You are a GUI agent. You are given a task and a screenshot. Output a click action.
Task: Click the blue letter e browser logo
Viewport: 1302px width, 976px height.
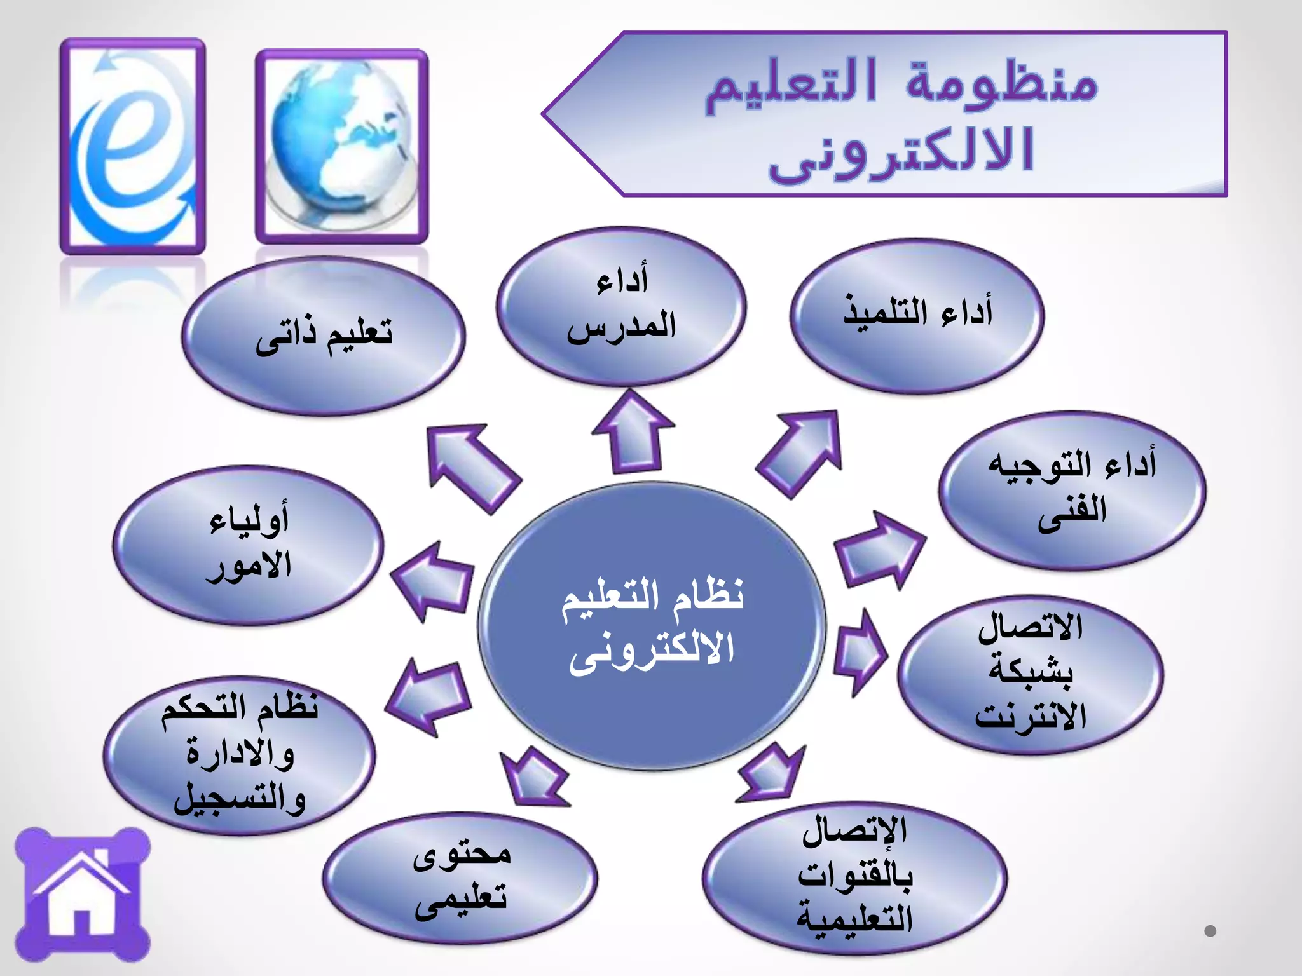pyautogui.click(x=132, y=146)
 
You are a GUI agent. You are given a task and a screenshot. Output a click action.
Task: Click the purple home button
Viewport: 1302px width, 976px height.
pyautogui.click(x=83, y=895)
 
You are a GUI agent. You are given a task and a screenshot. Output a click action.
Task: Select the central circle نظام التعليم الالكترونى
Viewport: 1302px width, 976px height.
pyautogui.click(x=652, y=626)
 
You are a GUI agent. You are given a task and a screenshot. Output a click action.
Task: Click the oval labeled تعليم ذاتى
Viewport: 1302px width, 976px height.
pyautogui.click(x=324, y=337)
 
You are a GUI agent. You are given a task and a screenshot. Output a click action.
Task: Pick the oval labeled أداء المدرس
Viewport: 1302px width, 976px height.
pyautogui.click(x=621, y=306)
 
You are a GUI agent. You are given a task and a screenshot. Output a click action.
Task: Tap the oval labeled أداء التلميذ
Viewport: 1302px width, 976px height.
pyautogui.click(x=917, y=316)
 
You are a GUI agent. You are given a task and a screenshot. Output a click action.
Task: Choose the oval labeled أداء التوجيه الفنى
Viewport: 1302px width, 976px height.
pyautogui.click(x=1072, y=491)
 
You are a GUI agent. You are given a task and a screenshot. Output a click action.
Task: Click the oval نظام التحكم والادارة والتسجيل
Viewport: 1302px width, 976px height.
pyautogui.click(x=240, y=755)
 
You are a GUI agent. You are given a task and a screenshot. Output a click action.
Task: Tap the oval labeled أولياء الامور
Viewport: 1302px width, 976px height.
pyautogui.click(x=249, y=545)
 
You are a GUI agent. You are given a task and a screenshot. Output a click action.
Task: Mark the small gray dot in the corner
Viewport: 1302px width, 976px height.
pyautogui.click(x=1210, y=931)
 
